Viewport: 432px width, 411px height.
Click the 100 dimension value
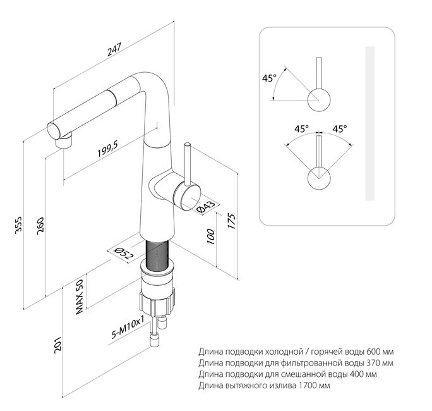pyautogui.click(x=210, y=236)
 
